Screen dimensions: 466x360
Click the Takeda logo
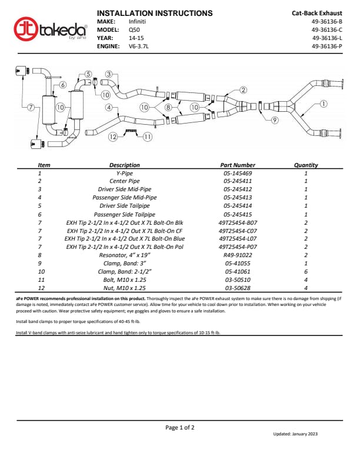[51, 29]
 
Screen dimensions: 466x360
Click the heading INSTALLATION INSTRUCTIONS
[154, 13]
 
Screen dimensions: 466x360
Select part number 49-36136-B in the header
[326, 21]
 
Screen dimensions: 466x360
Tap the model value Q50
[135, 29]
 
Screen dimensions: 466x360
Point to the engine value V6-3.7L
[140, 46]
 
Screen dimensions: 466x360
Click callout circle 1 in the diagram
[324, 104]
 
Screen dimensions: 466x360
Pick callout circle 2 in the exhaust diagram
[243, 90]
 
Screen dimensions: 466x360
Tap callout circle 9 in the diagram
[274, 120]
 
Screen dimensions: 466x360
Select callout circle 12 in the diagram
[113, 137]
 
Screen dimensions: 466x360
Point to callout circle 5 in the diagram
[88, 74]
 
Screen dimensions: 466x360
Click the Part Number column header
[238, 165]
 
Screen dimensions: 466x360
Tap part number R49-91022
[238, 256]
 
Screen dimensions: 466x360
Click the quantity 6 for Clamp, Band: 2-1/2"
[306, 272]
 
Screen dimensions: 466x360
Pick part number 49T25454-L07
[238, 239]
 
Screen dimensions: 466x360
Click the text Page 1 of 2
[179, 428]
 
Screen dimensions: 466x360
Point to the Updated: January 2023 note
[295, 434]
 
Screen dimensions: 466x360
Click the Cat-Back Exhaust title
[316, 13]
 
